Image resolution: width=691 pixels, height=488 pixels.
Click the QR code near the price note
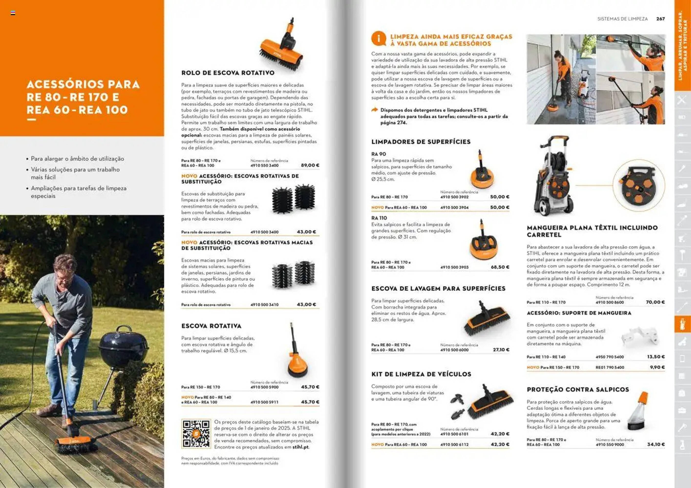tap(196, 434)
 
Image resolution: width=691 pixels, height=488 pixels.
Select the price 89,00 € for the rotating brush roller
tap(310, 165)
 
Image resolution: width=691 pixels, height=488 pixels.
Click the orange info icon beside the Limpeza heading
tap(378, 39)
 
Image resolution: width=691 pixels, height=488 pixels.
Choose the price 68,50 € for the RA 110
tap(500, 267)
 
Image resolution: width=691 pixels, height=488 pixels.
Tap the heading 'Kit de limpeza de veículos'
tap(421, 374)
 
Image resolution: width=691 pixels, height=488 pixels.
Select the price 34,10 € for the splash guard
tap(656, 444)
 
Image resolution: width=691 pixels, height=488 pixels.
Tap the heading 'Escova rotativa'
tap(211, 326)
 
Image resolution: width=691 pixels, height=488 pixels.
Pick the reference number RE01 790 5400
tap(610, 367)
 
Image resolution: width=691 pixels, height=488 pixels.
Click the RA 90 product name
tap(378, 154)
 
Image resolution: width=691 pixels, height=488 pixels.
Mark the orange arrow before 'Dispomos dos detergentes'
tap(374, 110)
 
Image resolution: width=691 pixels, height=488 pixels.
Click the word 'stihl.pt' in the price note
tap(301, 447)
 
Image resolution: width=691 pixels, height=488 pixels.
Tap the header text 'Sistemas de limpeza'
tap(622, 19)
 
